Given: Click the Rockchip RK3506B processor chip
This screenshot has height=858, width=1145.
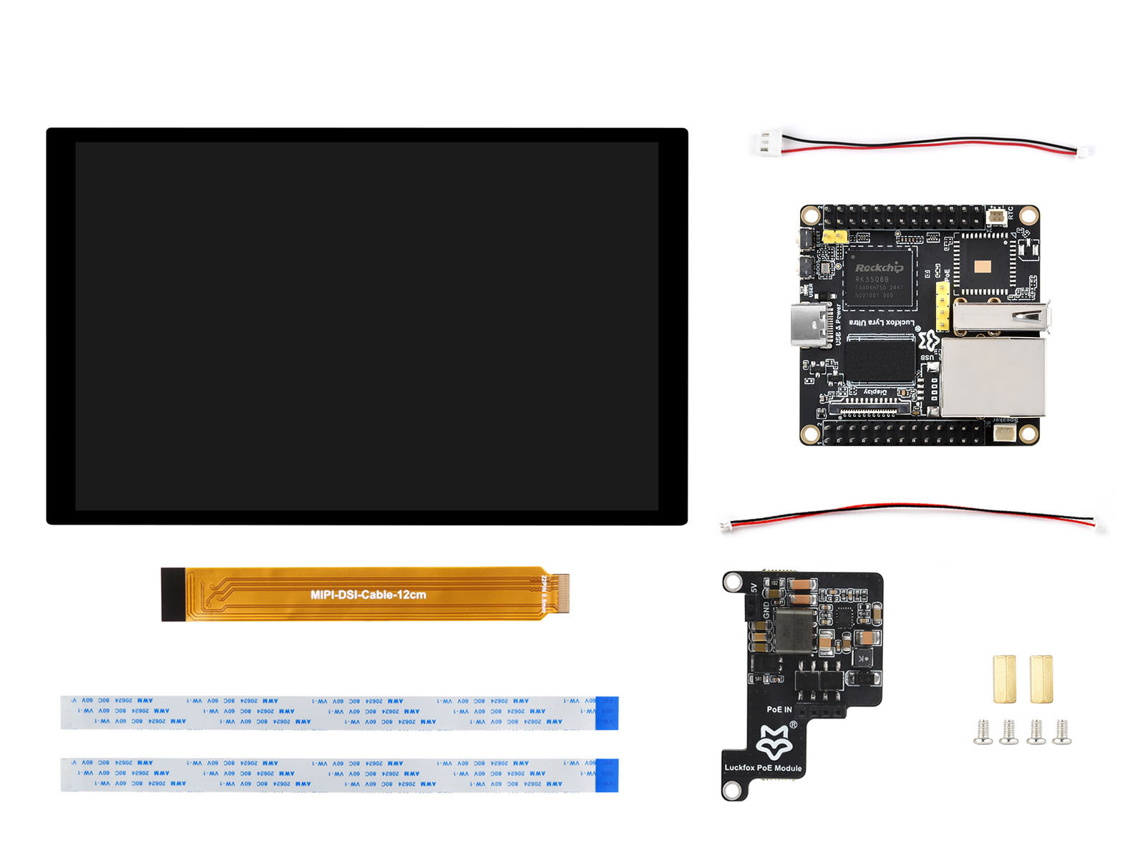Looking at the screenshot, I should pyautogui.click(x=880, y=279).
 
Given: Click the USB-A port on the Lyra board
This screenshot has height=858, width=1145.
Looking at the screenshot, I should pyautogui.click(x=1000, y=316).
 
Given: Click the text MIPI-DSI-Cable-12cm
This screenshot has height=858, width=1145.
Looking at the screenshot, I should pyautogui.click(x=368, y=595).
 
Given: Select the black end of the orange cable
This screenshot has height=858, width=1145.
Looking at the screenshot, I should pyautogui.click(x=172, y=595).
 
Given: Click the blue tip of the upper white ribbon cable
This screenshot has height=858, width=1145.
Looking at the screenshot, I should pyautogui.click(x=607, y=713).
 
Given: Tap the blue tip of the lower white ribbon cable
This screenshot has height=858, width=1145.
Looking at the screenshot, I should pyautogui.click(x=607, y=775).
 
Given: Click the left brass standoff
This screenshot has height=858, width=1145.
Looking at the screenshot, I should pyautogui.click(x=1004, y=678).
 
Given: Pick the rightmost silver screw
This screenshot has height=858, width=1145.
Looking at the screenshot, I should pyautogui.click(x=1062, y=731).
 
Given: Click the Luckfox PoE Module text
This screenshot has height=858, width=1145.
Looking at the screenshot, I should pyautogui.click(x=763, y=768).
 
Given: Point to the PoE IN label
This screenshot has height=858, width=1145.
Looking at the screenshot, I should pyautogui.click(x=779, y=709).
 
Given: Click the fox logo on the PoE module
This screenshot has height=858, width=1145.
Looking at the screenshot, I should pyautogui.click(x=774, y=742).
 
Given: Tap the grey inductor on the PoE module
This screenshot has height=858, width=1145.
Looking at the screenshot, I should pyautogui.click(x=795, y=630).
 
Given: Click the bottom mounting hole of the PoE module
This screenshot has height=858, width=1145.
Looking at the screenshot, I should pyautogui.click(x=732, y=789).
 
